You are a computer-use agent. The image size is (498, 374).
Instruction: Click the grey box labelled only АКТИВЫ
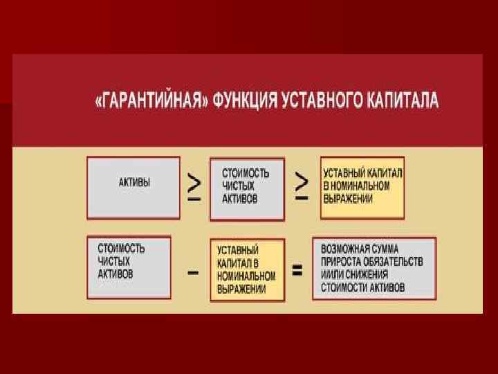click(133, 187)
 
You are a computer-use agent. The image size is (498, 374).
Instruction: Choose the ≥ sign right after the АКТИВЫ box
click(195, 186)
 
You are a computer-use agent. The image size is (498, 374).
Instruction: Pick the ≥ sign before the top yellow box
click(302, 186)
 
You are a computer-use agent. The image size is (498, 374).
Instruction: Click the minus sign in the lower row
click(193, 273)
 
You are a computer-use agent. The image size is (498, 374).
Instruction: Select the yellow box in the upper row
click(362, 187)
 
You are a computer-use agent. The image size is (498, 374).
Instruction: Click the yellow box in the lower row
click(247, 269)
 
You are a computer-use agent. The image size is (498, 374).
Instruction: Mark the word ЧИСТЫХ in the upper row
click(239, 186)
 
